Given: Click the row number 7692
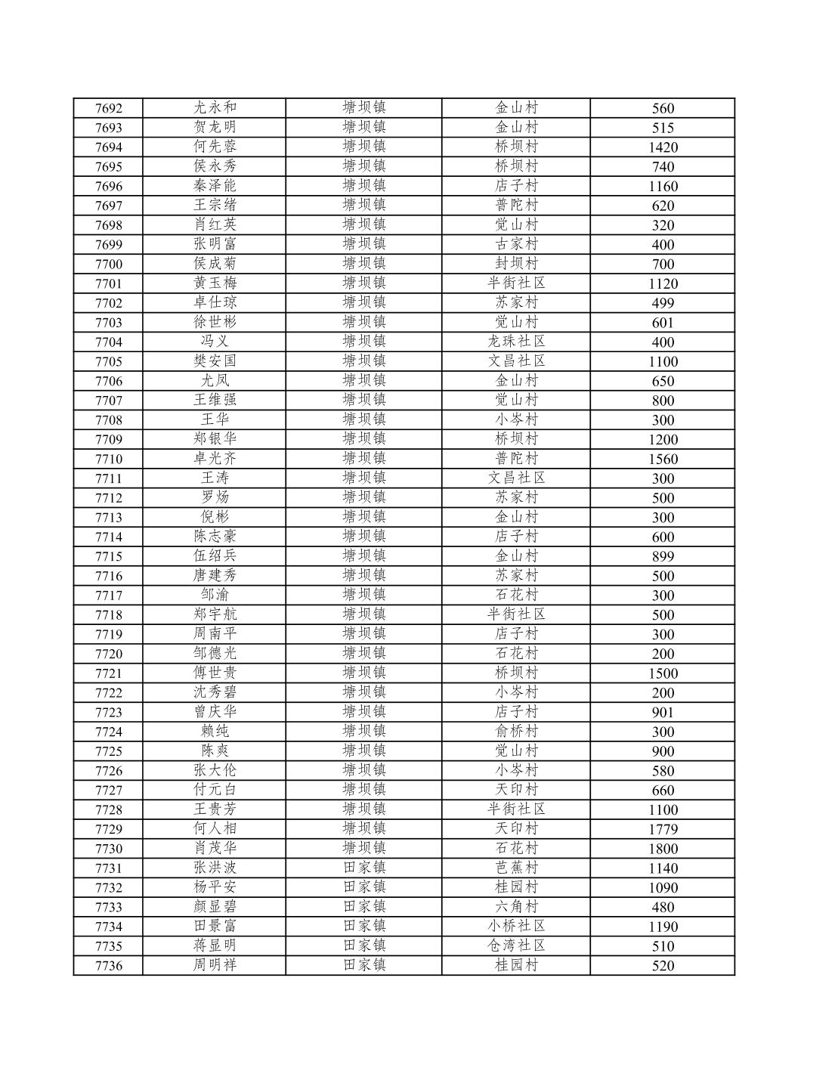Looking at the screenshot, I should click(108, 108).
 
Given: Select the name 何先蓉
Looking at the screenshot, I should click(215, 147).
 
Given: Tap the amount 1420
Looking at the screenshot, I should click(663, 147).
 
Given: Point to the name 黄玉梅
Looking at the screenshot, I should click(215, 283).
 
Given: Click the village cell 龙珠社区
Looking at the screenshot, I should click(516, 342).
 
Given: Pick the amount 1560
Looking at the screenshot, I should click(663, 459).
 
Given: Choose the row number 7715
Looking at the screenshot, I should click(108, 556).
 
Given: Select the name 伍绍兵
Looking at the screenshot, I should click(215, 556).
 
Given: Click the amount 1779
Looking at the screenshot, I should click(663, 829).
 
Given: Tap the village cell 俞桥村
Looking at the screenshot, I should click(516, 732).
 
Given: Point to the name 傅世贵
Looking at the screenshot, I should click(215, 673).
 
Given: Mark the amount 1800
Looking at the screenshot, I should click(663, 849).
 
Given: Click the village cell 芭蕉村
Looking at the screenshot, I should click(516, 868).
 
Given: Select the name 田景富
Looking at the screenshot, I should click(215, 927).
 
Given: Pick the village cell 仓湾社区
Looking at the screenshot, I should click(516, 945).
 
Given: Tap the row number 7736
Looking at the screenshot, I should click(108, 965).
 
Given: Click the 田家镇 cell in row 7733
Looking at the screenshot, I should click(364, 907).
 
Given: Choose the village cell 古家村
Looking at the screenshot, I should click(516, 244).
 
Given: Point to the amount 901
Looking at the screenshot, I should click(663, 712).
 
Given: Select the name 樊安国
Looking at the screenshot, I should click(215, 361).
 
